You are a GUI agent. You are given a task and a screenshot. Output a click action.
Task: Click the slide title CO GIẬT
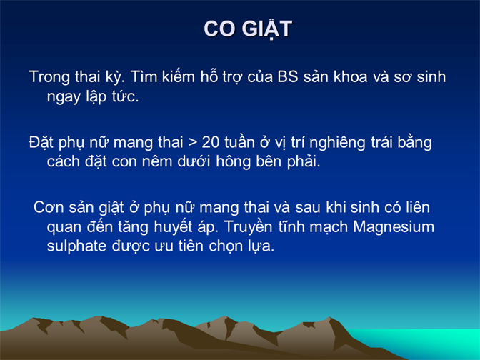click(x=248, y=29)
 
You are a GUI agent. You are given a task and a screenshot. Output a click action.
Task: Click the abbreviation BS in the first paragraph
click(x=288, y=77)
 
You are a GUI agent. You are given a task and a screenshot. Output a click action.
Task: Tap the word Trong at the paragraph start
click(x=49, y=77)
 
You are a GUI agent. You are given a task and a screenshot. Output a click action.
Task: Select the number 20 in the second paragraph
click(x=210, y=143)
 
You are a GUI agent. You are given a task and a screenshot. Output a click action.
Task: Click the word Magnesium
click(x=394, y=227)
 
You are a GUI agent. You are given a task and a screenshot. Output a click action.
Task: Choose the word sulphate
click(x=76, y=246)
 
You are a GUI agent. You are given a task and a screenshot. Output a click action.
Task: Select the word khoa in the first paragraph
click(x=350, y=77)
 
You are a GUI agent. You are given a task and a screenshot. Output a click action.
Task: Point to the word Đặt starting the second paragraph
click(x=41, y=143)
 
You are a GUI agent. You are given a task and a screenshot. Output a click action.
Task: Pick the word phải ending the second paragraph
click(x=304, y=162)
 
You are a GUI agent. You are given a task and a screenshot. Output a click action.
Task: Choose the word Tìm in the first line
click(x=144, y=77)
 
